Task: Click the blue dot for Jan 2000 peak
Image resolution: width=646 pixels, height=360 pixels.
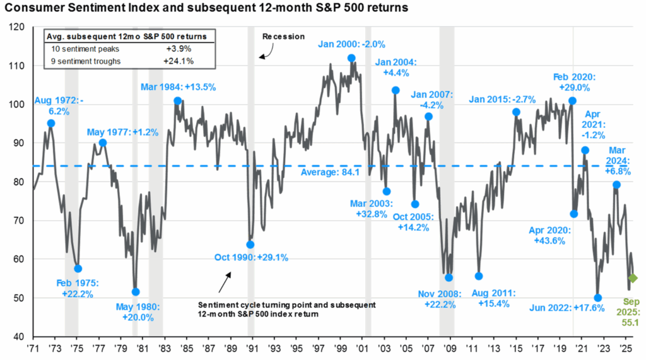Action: tap(351, 58)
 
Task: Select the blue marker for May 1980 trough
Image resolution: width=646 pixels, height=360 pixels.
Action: tap(136, 292)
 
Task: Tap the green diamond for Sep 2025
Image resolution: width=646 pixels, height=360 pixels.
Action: tap(633, 278)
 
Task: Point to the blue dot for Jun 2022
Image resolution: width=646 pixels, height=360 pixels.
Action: tap(598, 298)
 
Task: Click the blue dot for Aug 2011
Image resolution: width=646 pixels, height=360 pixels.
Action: tap(479, 276)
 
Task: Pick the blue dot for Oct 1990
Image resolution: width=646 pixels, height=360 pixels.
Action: tap(250, 245)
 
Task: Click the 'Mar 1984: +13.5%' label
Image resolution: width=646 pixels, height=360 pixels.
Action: tap(168, 87)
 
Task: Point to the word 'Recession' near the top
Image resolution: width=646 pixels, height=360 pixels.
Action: tap(283, 37)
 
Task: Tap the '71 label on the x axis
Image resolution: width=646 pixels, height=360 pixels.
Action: tap(32, 347)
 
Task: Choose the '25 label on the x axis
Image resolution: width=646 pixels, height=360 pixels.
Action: tap(624, 347)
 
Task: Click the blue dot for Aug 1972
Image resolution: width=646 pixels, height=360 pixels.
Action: tap(51, 123)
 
